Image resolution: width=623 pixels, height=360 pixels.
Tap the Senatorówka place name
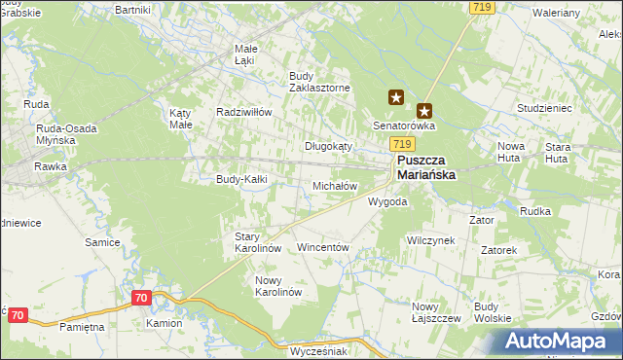[405, 126]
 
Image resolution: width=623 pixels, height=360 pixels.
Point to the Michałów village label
[335, 186]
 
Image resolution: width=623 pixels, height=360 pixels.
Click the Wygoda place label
[386, 202]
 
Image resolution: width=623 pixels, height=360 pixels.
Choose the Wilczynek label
[431, 239]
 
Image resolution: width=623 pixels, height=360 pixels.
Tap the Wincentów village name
[322, 248]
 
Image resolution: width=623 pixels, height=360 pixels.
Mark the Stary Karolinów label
[258, 242]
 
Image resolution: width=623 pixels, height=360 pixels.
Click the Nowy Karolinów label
[278, 286]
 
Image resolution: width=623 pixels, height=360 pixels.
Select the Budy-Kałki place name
[241, 179]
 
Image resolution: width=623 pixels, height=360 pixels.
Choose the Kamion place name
[165, 323]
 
